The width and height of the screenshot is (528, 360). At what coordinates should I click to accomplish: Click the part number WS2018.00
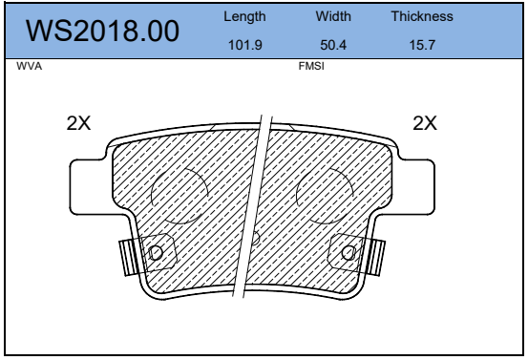(x=102, y=31)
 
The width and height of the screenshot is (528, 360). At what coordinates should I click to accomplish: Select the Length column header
(x=244, y=16)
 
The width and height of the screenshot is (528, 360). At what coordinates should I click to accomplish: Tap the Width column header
(x=333, y=16)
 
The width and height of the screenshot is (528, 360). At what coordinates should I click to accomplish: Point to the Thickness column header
(x=422, y=16)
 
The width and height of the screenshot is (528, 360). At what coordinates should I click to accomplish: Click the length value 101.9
(x=245, y=45)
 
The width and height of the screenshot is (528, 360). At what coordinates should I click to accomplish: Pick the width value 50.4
(x=333, y=45)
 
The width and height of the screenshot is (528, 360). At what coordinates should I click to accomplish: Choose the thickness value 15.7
(x=422, y=45)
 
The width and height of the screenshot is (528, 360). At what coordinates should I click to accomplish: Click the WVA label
(x=30, y=66)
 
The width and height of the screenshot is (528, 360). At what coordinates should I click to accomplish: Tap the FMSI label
(x=311, y=66)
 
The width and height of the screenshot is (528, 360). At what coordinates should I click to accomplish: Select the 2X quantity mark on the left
(x=78, y=123)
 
